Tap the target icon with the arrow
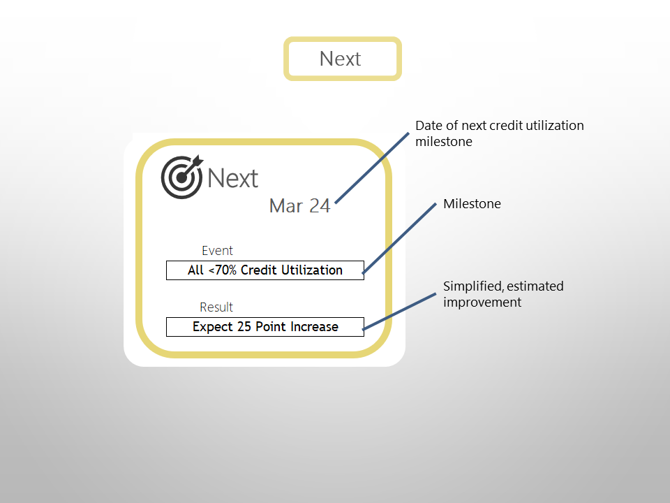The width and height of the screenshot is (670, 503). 181,176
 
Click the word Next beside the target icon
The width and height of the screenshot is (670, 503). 233,178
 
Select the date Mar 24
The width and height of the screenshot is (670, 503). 299,206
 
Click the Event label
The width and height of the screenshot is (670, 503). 217,251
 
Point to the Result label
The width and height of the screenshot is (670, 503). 216,307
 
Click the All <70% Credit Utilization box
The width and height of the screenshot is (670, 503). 265,270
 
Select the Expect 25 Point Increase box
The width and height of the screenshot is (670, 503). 265,327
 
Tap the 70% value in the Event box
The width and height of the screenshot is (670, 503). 225,270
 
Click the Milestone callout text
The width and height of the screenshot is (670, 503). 472,205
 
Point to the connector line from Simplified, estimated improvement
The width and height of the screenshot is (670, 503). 401,308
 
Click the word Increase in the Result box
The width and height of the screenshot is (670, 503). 314,327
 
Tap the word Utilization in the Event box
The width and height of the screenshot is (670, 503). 311,270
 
